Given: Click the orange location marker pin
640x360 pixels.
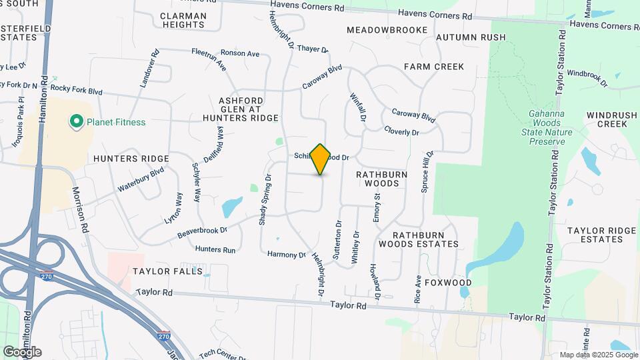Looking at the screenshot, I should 321,159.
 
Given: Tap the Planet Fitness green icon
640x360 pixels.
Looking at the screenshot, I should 77,122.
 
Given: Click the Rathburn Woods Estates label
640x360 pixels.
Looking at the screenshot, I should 425,239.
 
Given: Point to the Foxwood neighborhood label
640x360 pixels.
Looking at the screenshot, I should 448,283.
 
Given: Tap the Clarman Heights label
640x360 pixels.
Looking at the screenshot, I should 183,20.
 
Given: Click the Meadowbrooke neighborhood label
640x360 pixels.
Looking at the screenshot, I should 387,30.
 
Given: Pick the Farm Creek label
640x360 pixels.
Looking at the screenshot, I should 434,67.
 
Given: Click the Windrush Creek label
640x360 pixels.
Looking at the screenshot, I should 607,119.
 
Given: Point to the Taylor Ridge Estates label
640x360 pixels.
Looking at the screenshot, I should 602,235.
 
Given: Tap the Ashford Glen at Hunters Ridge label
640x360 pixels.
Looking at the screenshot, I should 241,109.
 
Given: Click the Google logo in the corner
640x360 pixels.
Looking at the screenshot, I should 22,351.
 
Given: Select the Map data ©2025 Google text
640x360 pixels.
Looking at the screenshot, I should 597,354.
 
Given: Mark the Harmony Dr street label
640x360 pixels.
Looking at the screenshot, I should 286,255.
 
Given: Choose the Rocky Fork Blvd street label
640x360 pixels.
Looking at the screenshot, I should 75,88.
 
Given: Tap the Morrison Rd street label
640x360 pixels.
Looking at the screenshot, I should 81,209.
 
